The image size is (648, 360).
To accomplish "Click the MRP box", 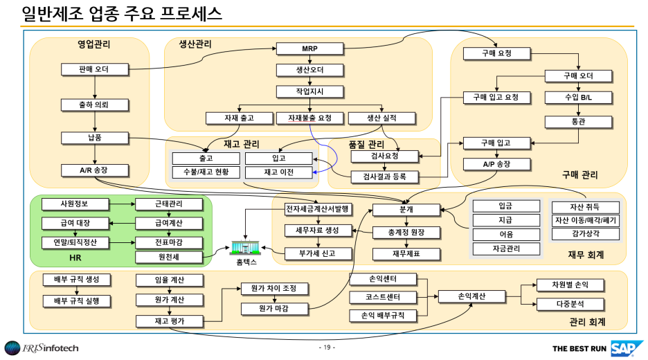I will point(310,49).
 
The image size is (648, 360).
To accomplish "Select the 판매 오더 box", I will point(94,69).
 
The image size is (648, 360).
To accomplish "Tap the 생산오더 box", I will point(310,70).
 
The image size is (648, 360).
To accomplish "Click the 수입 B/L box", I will point(579,98).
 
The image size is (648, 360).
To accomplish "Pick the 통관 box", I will point(579,122).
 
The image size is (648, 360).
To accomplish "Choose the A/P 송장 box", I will point(496,164).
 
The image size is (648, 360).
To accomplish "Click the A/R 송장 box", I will point(94,170).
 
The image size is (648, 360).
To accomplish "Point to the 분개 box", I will point(406,209).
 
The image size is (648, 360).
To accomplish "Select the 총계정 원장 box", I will point(408,232).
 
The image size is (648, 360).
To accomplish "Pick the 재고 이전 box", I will point(279,172).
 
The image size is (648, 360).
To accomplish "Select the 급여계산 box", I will point(169,223).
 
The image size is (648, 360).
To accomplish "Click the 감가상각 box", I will point(585,234).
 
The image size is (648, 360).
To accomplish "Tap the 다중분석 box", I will point(570,304).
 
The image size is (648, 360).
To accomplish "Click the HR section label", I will point(76,258).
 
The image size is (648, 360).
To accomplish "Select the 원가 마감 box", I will point(273,308).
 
